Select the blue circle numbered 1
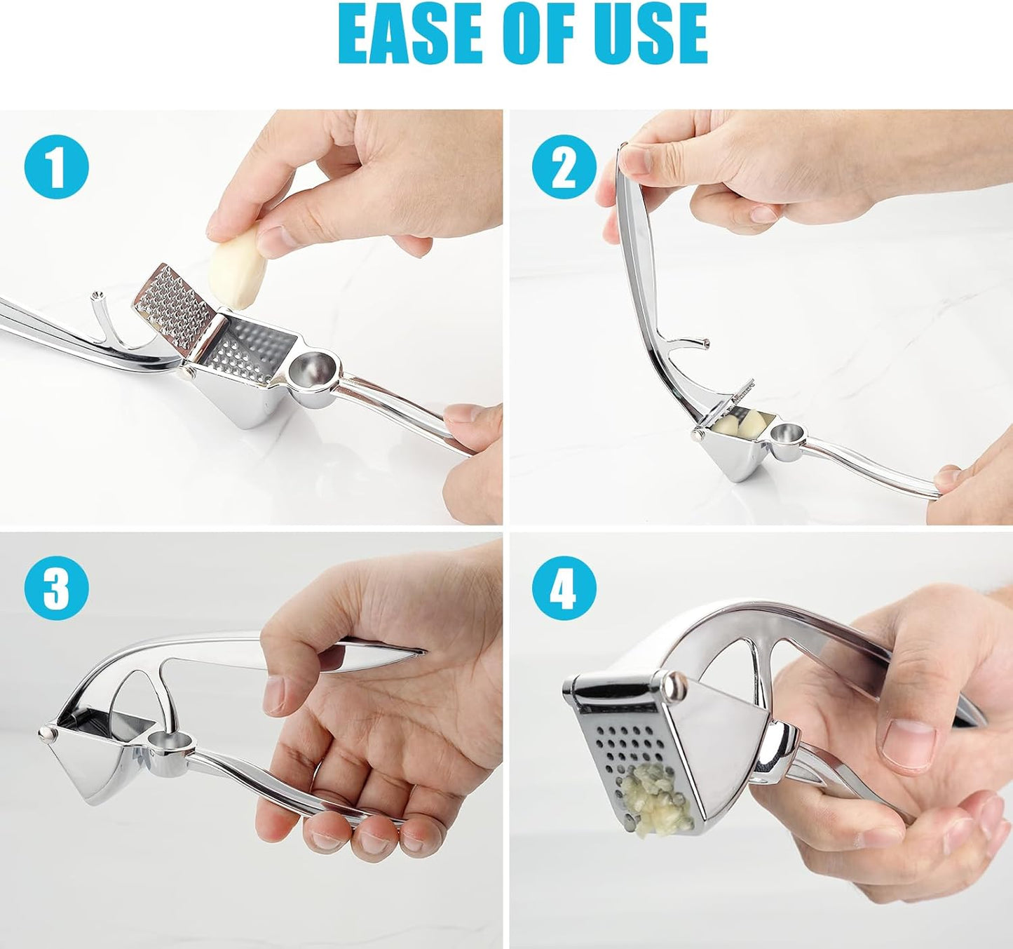click(56, 167)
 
